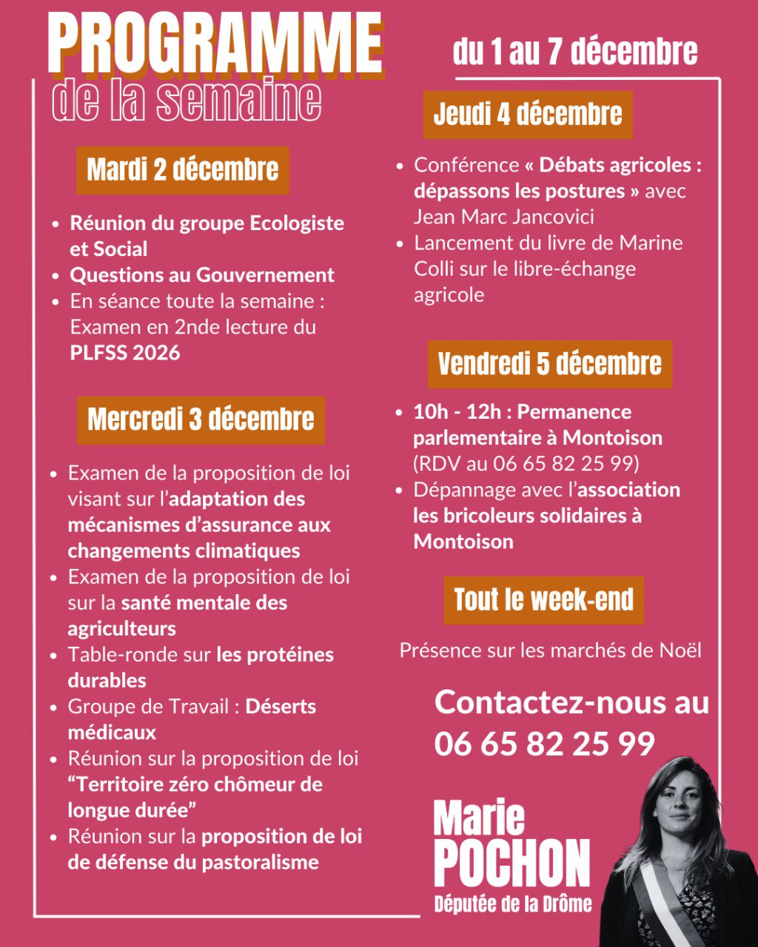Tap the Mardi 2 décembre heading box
pos(183,170)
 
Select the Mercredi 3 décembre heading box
pos(201,419)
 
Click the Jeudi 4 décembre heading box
pos(528,115)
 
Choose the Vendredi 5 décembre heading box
pos(549,364)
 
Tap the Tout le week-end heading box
pos(543,600)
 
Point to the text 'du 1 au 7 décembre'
pos(575,52)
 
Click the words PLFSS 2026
pos(125,353)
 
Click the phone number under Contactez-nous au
pos(545,744)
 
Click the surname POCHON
pos(512,863)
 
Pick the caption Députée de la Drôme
pos(513,903)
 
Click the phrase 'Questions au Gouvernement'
pos(202,275)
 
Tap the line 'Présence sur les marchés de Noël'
pos(550,650)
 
